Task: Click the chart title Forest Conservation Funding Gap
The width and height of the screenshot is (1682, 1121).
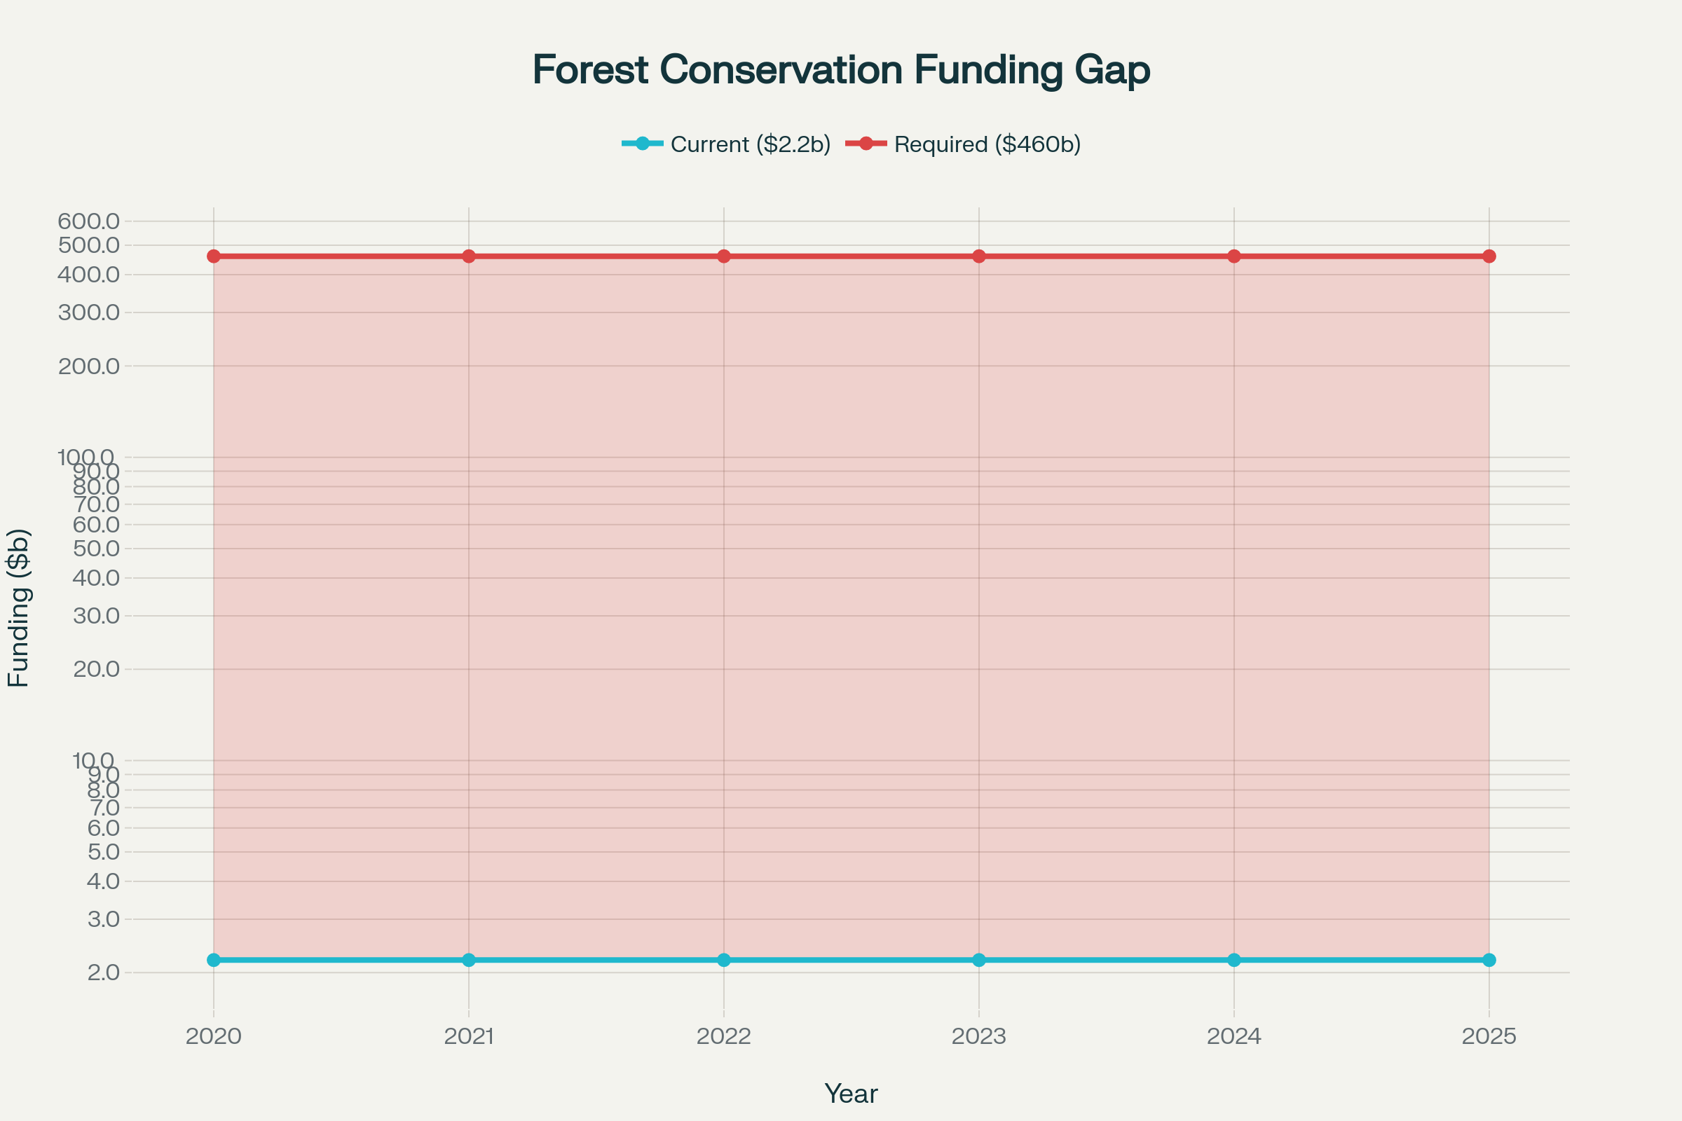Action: pos(841,70)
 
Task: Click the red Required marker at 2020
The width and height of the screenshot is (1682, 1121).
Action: pos(214,256)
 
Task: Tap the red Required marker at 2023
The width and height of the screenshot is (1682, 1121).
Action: pos(979,256)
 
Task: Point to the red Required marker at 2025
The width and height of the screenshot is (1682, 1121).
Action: pos(1489,256)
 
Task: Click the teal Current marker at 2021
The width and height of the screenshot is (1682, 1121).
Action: pos(468,959)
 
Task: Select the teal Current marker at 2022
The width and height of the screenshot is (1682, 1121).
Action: pos(724,959)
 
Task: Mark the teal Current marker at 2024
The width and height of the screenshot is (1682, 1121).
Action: pos(1233,959)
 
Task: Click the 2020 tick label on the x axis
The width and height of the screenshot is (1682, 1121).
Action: pos(214,1037)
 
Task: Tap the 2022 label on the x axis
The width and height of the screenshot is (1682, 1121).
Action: pos(724,1037)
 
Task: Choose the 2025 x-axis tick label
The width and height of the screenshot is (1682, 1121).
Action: pos(1489,1037)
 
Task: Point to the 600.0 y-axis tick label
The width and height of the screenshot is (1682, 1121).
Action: pos(89,221)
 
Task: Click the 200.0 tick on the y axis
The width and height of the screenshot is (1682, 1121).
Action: pos(89,366)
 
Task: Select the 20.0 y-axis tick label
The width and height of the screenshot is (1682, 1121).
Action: pos(96,669)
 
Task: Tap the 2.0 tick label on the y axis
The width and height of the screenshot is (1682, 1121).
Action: pos(103,972)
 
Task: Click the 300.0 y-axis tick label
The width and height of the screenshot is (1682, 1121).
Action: pos(89,312)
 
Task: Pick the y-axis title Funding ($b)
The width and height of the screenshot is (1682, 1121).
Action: pos(19,607)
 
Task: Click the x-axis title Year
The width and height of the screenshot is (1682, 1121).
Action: pos(851,1094)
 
